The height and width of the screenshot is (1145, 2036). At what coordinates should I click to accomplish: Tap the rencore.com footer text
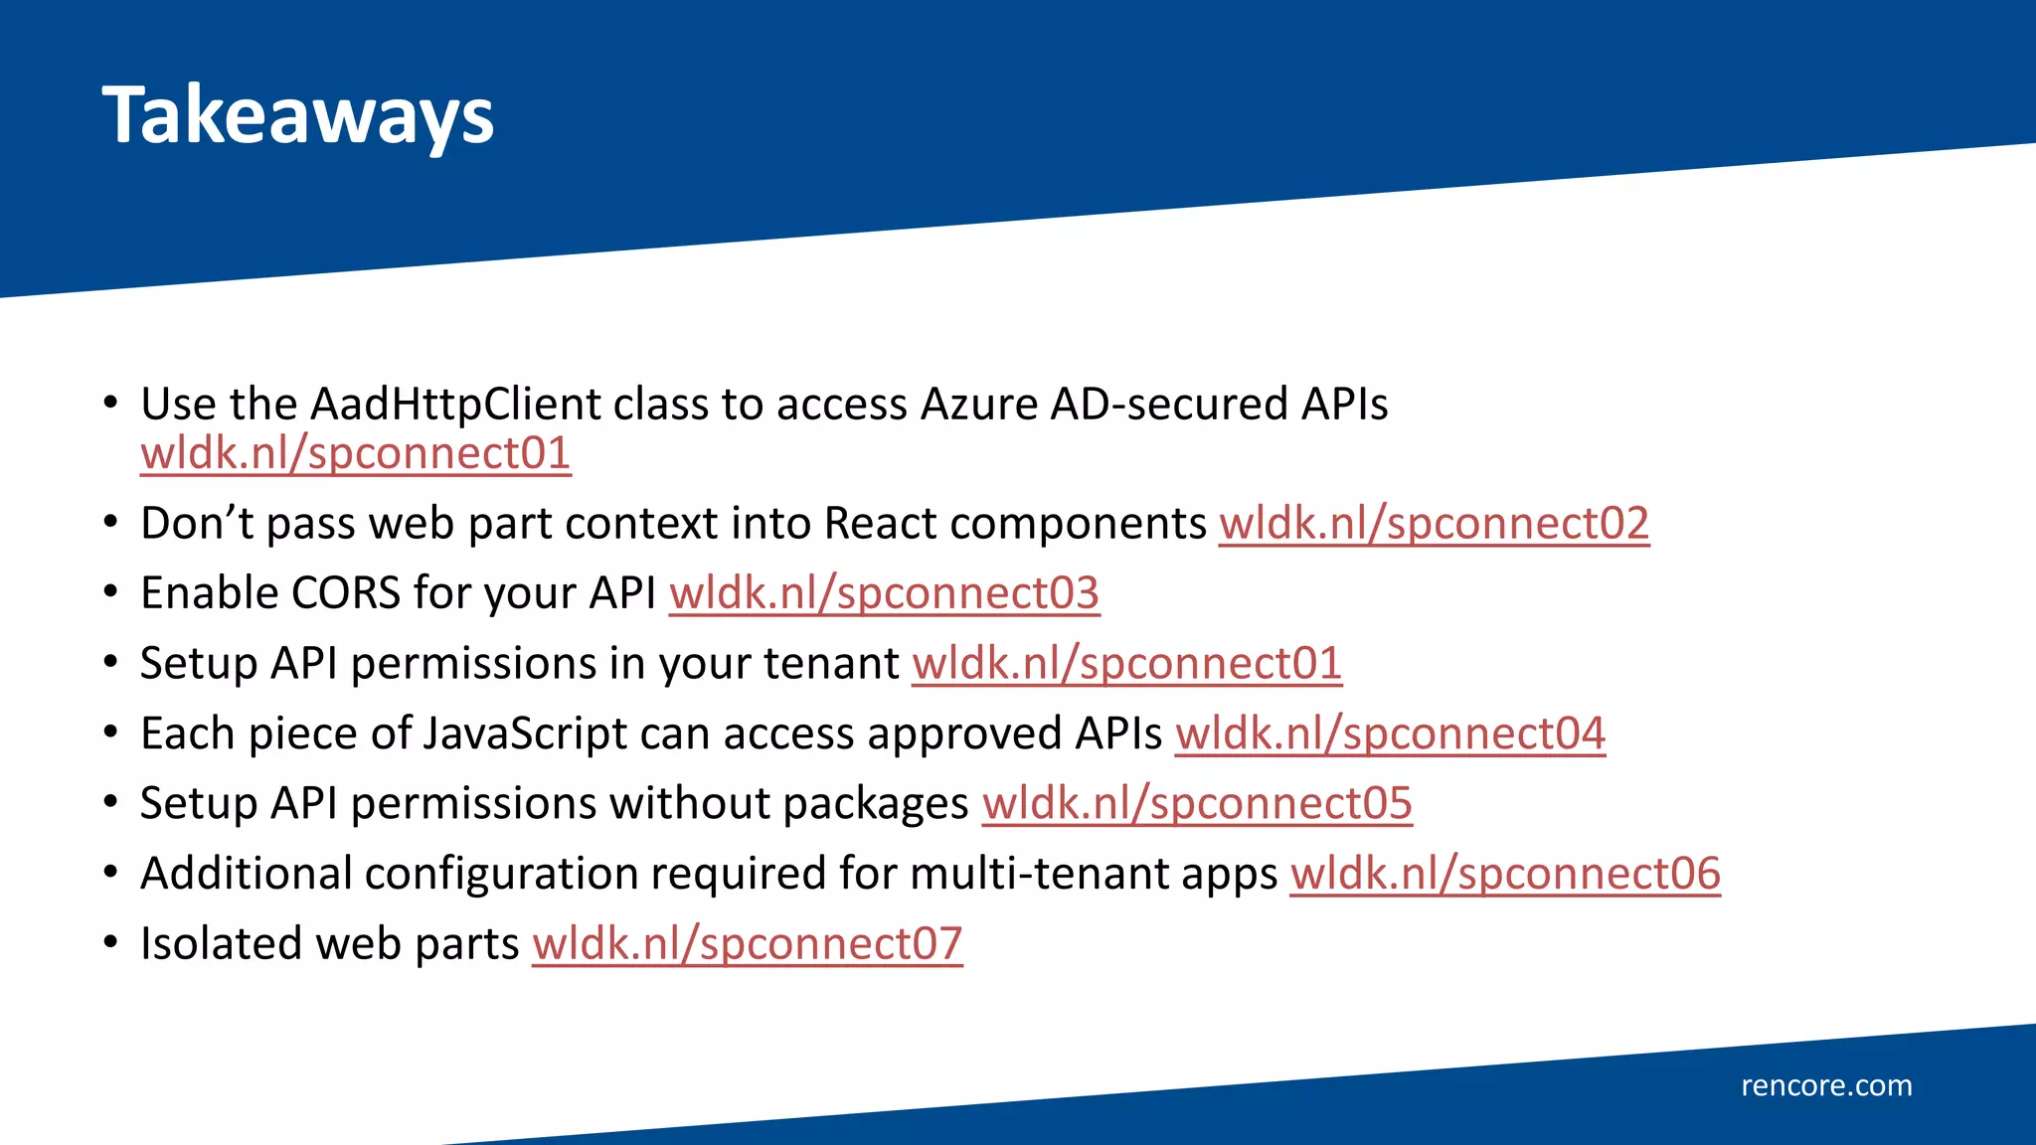(x=1826, y=1085)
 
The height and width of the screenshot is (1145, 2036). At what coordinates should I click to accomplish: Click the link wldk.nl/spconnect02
(x=1434, y=524)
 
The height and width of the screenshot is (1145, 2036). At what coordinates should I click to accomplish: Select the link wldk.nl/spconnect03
(x=884, y=593)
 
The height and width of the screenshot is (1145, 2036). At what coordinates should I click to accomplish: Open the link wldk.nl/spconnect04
(x=1390, y=734)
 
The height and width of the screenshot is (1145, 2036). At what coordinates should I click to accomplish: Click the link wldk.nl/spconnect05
(x=1197, y=803)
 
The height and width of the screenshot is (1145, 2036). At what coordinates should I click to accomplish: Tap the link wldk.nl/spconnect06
(x=1505, y=874)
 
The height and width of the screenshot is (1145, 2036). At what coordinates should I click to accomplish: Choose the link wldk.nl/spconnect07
(x=747, y=943)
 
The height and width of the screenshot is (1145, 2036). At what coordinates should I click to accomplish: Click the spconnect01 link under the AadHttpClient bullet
(x=355, y=453)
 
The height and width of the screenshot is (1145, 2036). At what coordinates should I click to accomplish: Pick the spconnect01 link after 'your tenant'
(x=1126, y=663)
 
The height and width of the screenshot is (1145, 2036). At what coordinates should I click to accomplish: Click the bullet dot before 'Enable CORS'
(x=110, y=592)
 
